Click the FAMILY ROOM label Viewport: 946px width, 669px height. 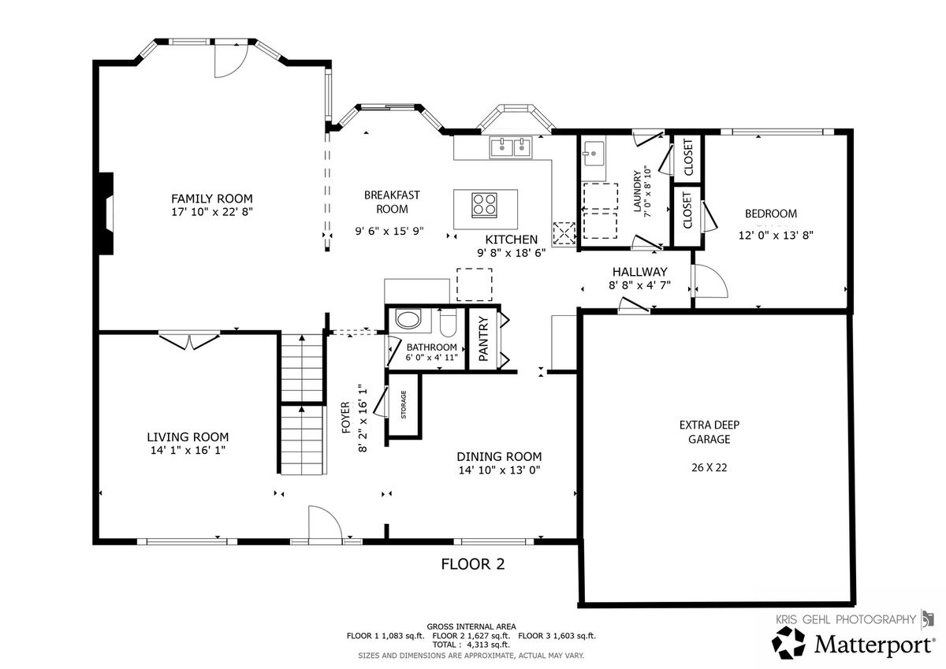pos(211,199)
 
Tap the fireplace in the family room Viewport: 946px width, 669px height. pos(106,214)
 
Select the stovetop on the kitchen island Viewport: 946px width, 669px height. pos(484,205)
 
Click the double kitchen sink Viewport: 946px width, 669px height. pos(511,147)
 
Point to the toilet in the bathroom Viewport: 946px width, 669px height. pos(448,323)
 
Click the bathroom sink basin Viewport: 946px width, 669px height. pos(408,319)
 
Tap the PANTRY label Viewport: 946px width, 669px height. pos(483,339)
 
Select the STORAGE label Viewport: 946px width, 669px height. pos(404,404)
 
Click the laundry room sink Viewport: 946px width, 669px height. pos(594,154)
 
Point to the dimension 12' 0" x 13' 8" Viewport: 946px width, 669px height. pos(776,235)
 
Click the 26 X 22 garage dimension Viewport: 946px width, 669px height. pos(709,467)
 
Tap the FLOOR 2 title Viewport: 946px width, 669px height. pos(472,564)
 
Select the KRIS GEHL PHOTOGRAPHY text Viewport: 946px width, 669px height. pos(846,619)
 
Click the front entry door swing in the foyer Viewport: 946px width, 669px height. pos(325,522)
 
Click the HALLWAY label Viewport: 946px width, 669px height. pos(640,272)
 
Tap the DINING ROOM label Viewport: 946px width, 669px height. pos(499,457)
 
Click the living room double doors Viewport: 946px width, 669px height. pos(189,341)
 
